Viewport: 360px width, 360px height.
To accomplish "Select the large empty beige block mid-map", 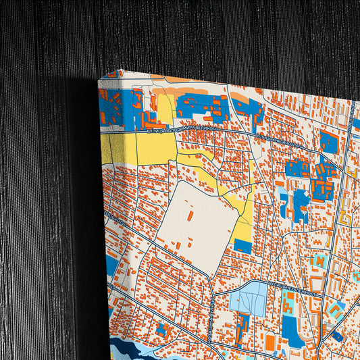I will point(199,226).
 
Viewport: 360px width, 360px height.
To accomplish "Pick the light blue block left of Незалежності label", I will point(248,297).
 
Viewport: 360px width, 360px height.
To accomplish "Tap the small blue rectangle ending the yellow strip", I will point(242,246).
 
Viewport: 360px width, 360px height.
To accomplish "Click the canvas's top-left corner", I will point(99,80).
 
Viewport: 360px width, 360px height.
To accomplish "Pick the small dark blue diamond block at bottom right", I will point(336,335).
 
